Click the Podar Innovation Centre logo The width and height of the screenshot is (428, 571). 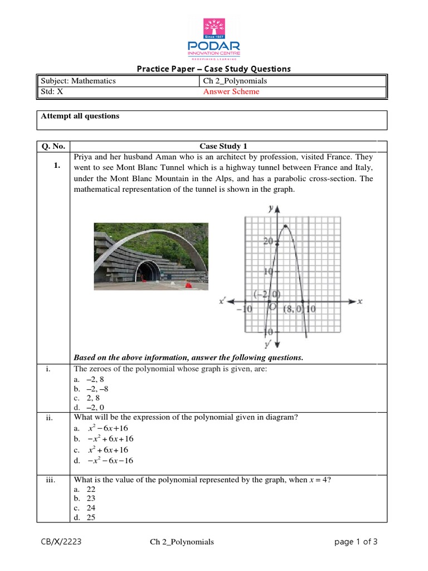click(214, 38)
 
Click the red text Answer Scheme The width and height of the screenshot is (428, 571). click(231, 92)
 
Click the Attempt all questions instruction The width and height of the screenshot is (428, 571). click(80, 116)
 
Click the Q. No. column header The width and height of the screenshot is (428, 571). click(53, 147)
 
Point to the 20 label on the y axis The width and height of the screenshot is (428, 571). click(267, 241)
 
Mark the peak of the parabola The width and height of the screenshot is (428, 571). click(286, 225)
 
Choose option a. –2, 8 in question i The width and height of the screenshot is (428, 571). click(89, 379)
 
